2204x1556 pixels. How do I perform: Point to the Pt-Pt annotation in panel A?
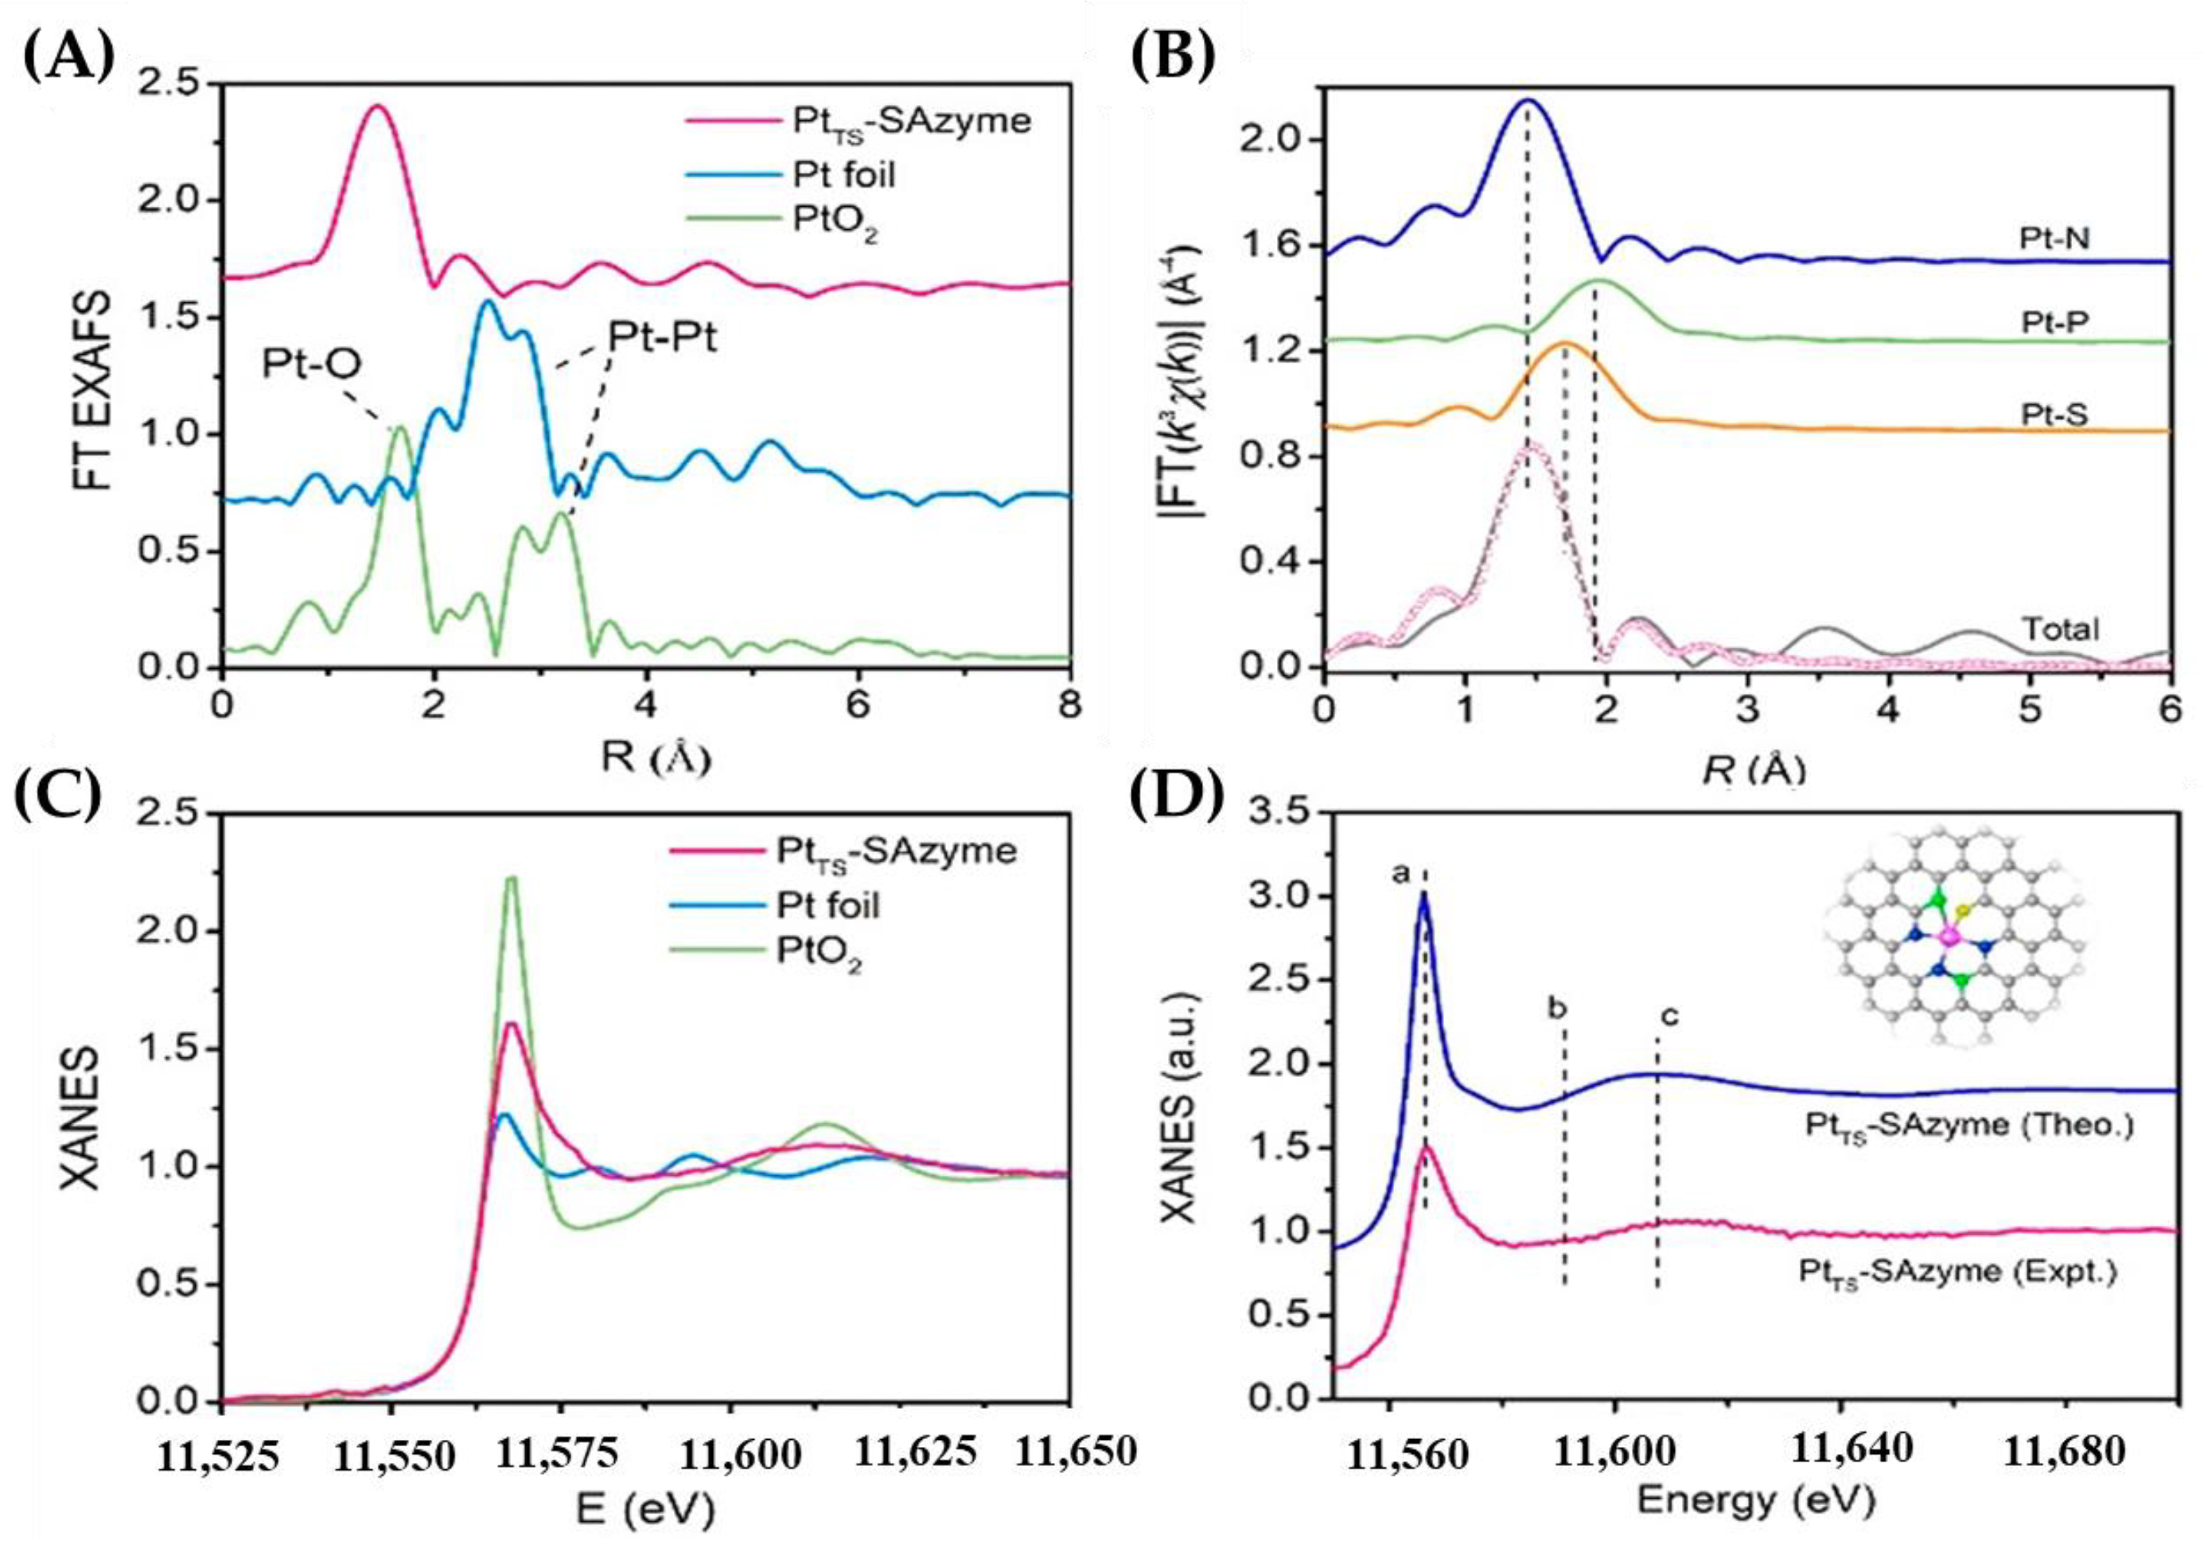coord(661,339)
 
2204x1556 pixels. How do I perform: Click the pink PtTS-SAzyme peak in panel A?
coord(378,107)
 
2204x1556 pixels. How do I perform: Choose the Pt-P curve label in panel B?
coord(2054,322)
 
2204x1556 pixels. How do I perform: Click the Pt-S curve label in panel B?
coord(2054,414)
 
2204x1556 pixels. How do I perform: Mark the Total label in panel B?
coord(2060,630)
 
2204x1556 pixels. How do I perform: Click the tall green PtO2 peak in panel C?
coord(512,879)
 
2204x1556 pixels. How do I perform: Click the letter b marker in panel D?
coord(1557,1008)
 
